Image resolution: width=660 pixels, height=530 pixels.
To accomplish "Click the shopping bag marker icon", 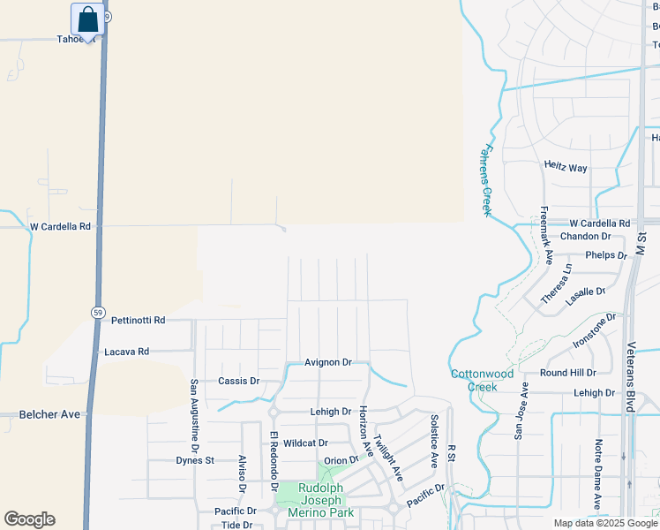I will tap(88, 19).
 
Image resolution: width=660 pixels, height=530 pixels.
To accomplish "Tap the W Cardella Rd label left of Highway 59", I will tap(60, 226).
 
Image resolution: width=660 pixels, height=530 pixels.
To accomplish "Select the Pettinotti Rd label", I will tap(139, 321).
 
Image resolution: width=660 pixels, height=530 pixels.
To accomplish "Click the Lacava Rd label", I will tap(126, 352).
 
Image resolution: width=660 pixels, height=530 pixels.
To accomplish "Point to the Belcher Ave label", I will tap(49, 414).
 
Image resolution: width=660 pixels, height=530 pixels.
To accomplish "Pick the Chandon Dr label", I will tap(585, 237).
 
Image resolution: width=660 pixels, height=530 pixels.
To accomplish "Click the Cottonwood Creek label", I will tap(482, 380).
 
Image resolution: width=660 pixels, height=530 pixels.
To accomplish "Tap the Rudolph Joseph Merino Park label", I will tap(326, 500).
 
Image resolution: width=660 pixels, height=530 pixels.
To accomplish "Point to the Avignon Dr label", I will tap(328, 362).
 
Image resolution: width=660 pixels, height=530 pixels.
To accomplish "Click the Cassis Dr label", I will tap(238, 382).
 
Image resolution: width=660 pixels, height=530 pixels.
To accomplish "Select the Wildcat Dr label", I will tap(306, 443).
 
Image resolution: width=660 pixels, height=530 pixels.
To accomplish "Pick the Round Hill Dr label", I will tap(568, 373).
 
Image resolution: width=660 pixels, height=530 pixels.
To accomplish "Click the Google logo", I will tap(29, 519).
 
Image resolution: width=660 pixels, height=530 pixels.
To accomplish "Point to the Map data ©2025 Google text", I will tap(604, 523).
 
